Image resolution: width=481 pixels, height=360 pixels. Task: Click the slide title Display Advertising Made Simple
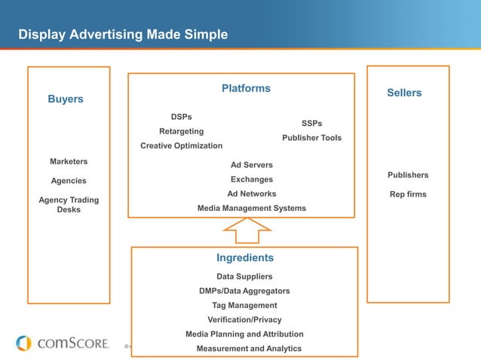[x=123, y=35]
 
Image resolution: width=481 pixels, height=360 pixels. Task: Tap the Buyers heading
[x=66, y=99]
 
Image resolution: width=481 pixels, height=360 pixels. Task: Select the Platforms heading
[x=246, y=89]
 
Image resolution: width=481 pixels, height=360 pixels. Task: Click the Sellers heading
[x=404, y=93]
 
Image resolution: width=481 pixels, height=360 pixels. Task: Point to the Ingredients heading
[x=245, y=258]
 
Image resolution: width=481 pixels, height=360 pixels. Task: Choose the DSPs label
[x=181, y=117]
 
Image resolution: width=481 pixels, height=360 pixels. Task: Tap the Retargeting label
[x=181, y=131]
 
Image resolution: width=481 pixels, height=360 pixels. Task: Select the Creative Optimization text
[x=181, y=145]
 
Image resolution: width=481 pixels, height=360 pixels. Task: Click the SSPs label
[x=311, y=123]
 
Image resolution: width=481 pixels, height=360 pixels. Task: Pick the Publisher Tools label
[x=311, y=138]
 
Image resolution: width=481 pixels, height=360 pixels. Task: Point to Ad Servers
[x=251, y=165]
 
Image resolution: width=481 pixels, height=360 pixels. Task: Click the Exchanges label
[x=251, y=179]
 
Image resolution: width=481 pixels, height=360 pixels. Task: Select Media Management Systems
[x=251, y=208]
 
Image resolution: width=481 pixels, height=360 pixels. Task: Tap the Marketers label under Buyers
[x=69, y=161]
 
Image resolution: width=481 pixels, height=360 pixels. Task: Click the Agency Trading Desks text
[x=69, y=205]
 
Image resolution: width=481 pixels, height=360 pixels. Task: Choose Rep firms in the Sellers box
[x=408, y=194]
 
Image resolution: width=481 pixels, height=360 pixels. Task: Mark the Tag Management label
[x=244, y=305]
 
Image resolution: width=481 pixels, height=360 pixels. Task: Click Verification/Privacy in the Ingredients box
[x=244, y=319]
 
